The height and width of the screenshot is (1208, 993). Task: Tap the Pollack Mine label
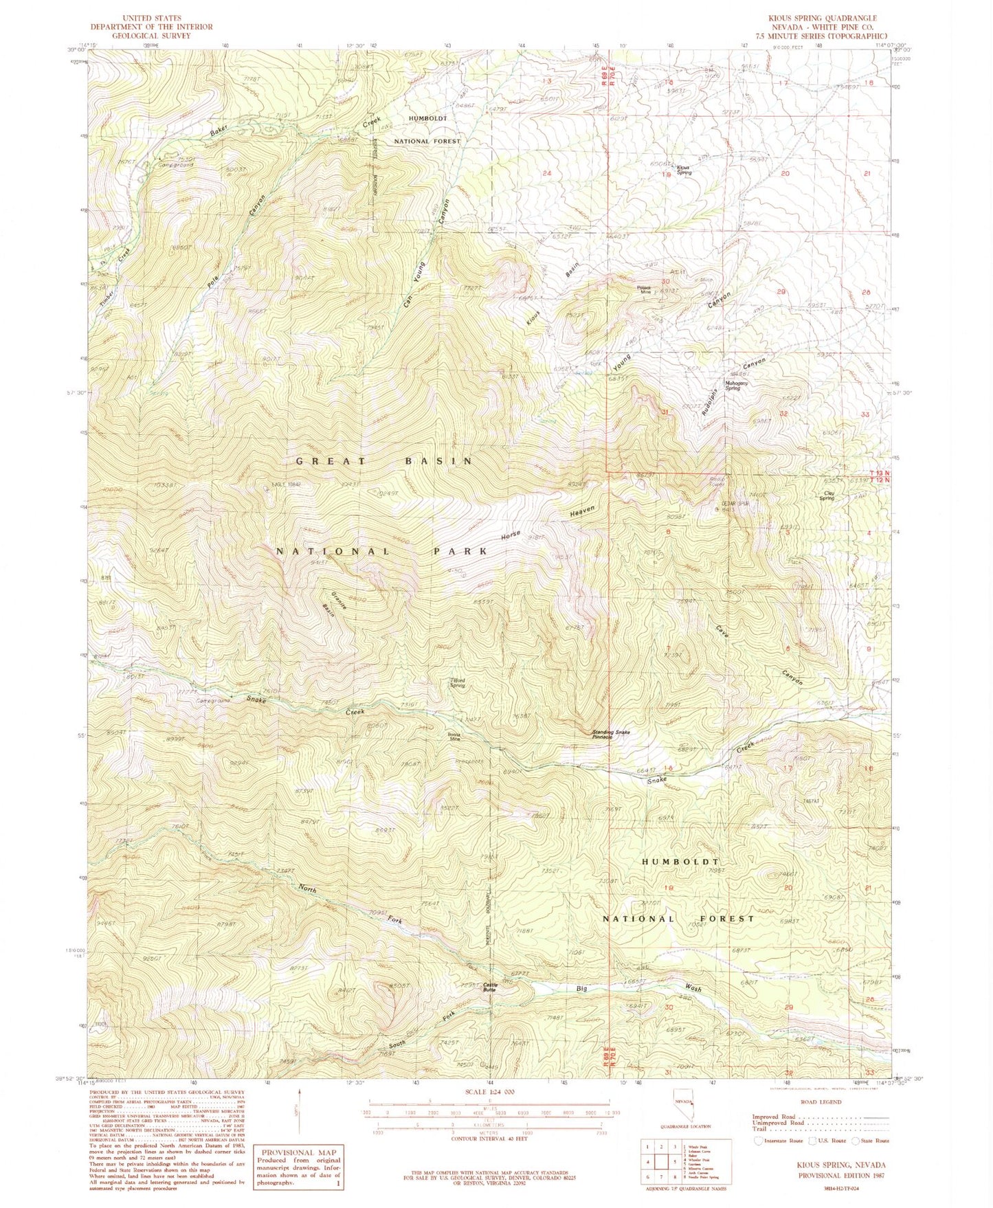tap(644, 289)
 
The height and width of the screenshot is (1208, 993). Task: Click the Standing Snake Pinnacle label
tap(611, 734)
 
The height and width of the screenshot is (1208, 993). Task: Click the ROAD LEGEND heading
tap(821, 1101)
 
